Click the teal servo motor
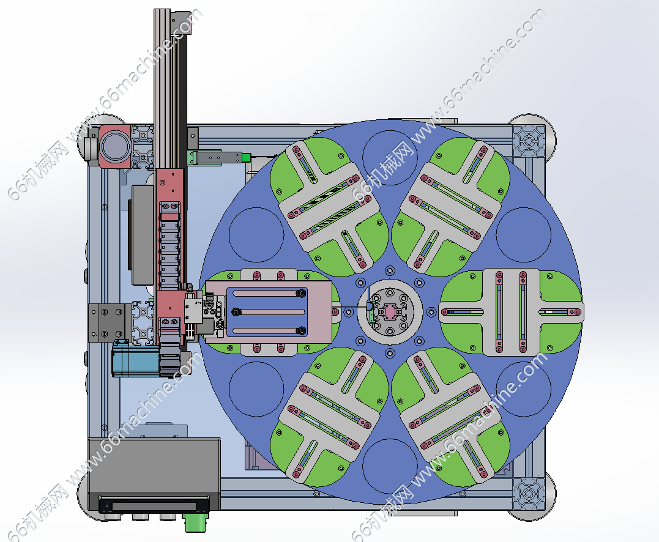(135, 358)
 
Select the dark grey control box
(154, 474)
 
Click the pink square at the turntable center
(389, 312)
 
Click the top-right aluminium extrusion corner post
(528, 141)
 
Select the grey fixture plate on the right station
(511, 312)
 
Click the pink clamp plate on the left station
(269, 311)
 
